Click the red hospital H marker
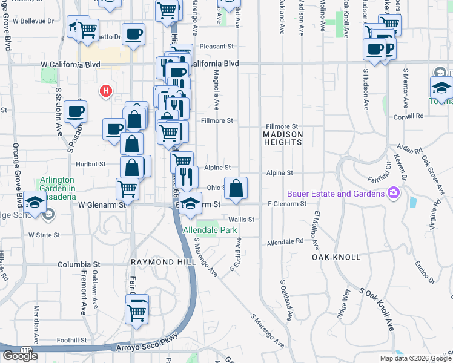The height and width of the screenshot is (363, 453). point(106,92)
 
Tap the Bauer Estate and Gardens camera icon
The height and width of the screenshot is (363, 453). point(394,193)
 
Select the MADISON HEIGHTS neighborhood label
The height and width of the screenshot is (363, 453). point(283,137)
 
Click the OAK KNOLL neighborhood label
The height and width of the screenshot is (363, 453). point(336,257)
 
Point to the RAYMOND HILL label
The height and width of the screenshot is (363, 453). point(163,261)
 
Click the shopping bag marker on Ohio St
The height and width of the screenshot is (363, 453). point(236,187)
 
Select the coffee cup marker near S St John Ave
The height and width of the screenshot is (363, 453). point(76,111)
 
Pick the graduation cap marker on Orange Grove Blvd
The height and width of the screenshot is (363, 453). point(36,202)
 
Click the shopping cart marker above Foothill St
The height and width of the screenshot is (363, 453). point(136,312)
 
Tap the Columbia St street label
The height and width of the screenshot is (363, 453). point(79,264)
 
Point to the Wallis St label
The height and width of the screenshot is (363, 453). point(240,220)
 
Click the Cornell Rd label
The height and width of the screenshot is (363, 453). point(408,116)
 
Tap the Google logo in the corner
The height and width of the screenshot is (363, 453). point(19,356)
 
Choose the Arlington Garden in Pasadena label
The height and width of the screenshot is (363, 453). point(58,185)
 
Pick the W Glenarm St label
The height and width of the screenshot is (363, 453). point(101,204)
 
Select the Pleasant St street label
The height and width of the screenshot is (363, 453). point(217,46)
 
